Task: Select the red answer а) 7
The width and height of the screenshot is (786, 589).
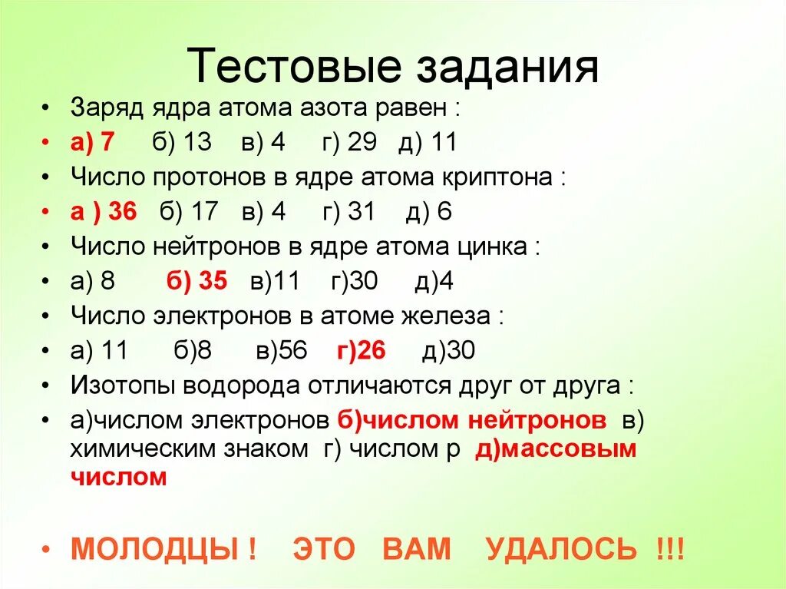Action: pyautogui.click(x=91, y=144)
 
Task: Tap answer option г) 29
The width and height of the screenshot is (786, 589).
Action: pyautogui.click(x=351, y=144)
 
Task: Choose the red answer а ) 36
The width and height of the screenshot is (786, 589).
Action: pyautogui.click(x=102, y=212)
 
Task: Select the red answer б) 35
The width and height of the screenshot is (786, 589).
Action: pyautogui.click(x=196, y=281)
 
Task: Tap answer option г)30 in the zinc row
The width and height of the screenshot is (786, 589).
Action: pyautogui.click(x=354, y=281)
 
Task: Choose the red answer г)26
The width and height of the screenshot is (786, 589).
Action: pyautogui.click(x=361, y=351)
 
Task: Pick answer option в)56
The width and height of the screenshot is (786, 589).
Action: pyautogui.click(x=282, y=351)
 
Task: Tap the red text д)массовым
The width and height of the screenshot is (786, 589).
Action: pyautogui.click(x=556, y=449)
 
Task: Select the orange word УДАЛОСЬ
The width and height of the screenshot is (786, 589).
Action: pyautogui.click(x=561, y=549)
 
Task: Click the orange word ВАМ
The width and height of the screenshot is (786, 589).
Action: pyautogui.click(x=417, y=549)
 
